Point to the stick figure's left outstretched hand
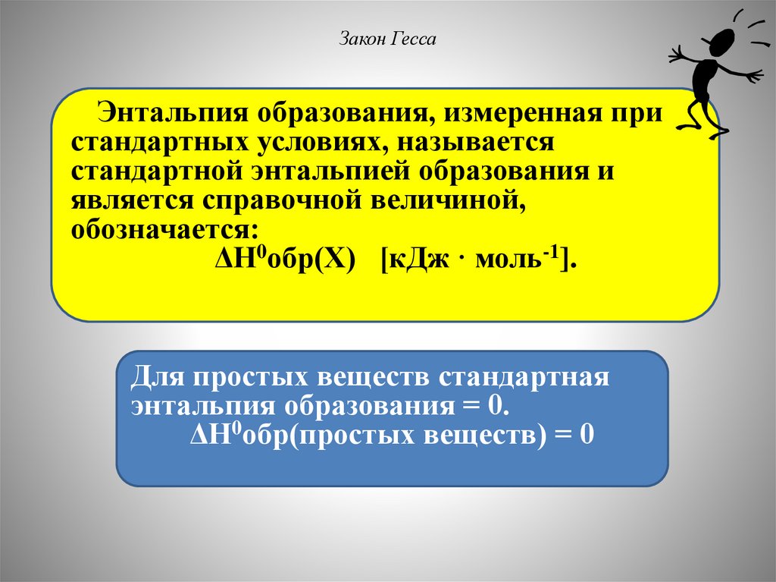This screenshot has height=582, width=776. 676,55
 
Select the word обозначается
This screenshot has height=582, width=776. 164,229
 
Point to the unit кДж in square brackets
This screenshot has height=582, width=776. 416,260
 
